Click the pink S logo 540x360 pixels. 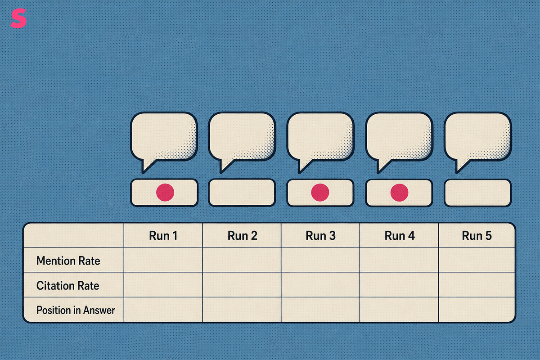pyautogui.click(x=18, y=18)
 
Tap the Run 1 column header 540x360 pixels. pyautogui.click(x=163, y=236)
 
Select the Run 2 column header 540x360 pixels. pyautogui.click(x=242, y=236)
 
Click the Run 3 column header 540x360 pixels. pyautogui.click(x=320, y=236)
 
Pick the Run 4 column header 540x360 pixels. pyautogui.click(x=400, y=236)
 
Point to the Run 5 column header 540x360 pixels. pyautogui.click(x=477, y=236)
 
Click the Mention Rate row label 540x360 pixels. pyautogui.click(x=68, y=261)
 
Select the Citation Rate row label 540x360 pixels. pyautogui.click(x=68, y=285)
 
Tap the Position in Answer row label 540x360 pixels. pyautogui.click(x=76, y=310)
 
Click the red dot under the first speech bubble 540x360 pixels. pyautogui.click(x=165, y=193)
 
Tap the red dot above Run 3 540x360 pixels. pyautogui.click(x=320, y=193)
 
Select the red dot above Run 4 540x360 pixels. pyautogui.click(x=400, y=193)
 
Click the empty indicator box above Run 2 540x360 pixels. pyautogui.click(x=242, y=193)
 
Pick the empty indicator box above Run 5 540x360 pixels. pyautogui.click(x=477, y=193)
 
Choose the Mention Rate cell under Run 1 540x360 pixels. pyautogui.click(x=163, y=260)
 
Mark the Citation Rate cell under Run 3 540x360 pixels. pyautogui.click(x=320, y=285)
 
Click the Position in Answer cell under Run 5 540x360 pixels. pyautogui.click(x=477, y=310)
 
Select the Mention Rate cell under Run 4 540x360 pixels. pyautogui.click(x=399, y=260)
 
